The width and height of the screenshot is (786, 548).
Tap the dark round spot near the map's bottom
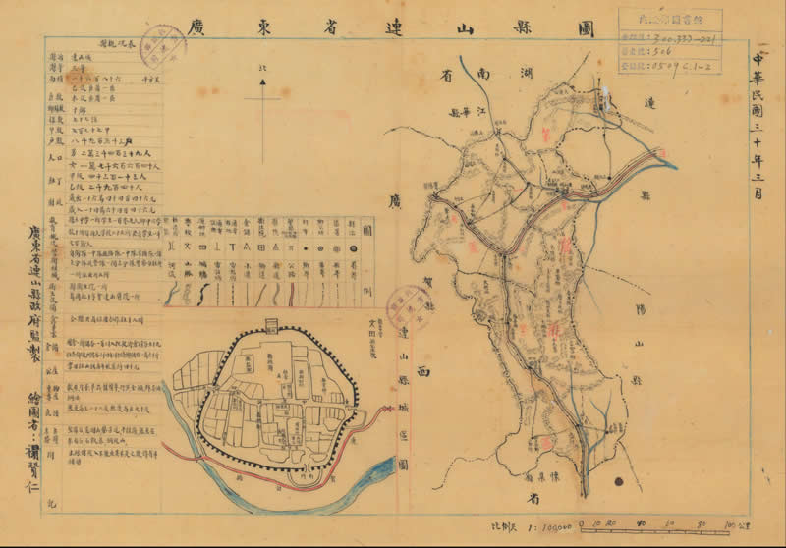click(620, 481)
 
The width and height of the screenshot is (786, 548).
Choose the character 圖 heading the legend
click(366, 231)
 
